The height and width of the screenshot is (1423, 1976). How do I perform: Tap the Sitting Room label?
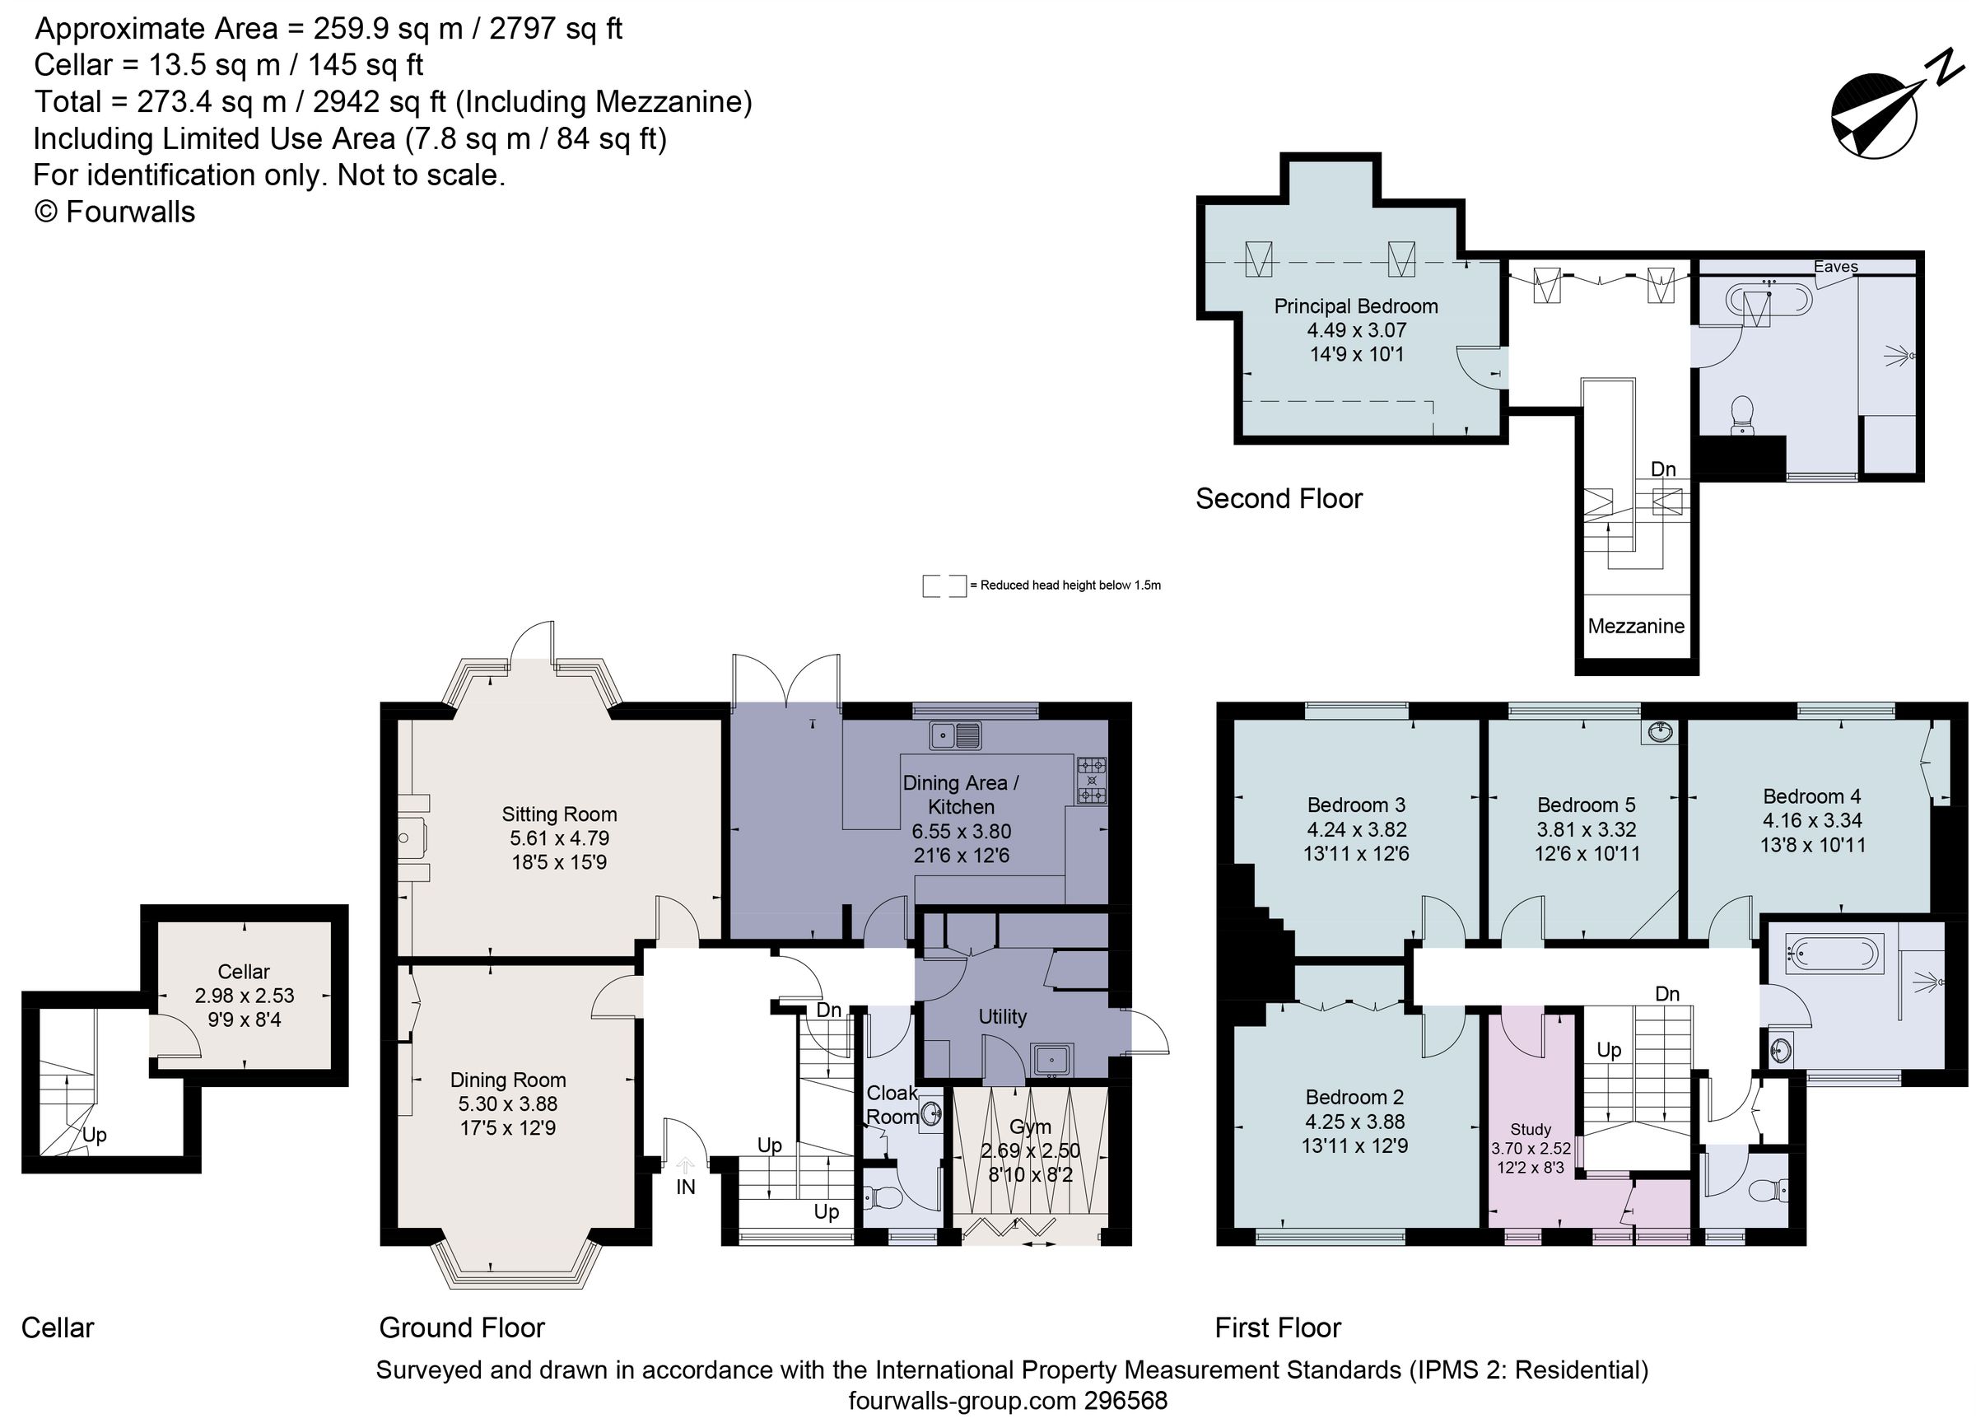point(558,814)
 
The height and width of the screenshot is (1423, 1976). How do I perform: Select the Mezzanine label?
point(1635,626)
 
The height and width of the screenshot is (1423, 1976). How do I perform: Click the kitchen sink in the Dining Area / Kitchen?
point(955,735)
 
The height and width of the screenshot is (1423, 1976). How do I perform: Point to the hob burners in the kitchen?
point(1092,781)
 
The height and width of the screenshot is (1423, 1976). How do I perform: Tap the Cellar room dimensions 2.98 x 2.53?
point(244,995)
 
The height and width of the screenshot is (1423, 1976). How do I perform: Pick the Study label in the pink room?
point(1531,1128)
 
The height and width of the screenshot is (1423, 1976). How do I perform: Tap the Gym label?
point(1030,1127)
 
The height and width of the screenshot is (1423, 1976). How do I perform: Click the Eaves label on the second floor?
point(1836,267)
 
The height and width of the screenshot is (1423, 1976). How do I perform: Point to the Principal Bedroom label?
point(1356,306)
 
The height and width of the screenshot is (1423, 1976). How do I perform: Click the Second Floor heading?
point(1278,498)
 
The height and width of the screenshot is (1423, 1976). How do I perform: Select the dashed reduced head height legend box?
point(944,586)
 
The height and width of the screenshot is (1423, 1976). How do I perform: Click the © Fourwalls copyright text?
point(114,212)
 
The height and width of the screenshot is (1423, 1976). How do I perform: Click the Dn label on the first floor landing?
point(1666,993)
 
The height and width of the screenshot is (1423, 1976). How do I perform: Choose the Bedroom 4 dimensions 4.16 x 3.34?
point(1812,820)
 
